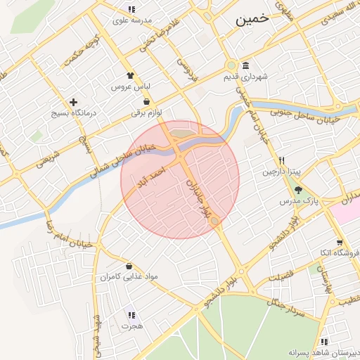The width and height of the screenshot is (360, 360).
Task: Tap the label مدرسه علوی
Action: point(131,21)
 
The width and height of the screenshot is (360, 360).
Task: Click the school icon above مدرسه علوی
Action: point(131,10)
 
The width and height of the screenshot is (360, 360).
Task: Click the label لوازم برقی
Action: point(146,112)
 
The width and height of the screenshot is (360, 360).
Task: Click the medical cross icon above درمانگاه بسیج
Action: point(73,102)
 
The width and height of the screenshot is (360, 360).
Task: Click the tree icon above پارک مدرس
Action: point(298,189)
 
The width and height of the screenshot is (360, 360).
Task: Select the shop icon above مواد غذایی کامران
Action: point(129,266)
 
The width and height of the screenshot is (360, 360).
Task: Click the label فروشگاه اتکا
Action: point(337,252)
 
